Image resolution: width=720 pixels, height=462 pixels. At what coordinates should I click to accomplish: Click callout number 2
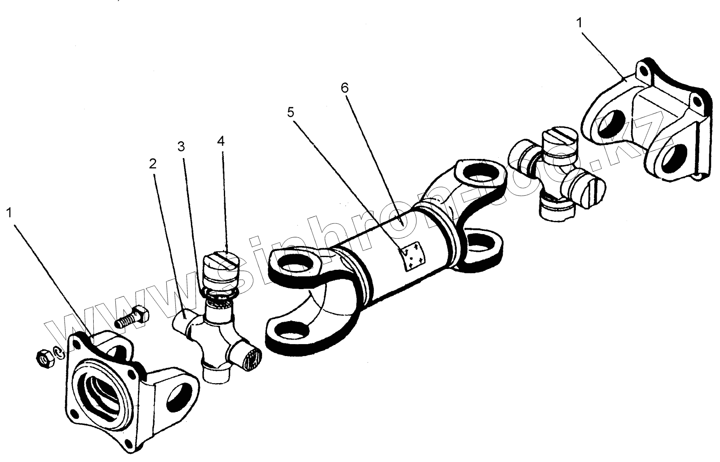[153, 164]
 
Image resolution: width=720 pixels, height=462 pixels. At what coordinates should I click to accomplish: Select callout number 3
[181, 146]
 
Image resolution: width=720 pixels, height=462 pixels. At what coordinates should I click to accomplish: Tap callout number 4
[221, 141]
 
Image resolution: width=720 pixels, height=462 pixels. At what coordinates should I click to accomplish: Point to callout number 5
[291, 113]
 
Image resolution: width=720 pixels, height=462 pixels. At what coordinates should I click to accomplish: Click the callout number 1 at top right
[580, 23]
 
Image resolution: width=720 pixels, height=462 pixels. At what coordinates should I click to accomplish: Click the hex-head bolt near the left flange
[132, 317]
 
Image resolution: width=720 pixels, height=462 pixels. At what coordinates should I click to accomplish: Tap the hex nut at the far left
[44, 359]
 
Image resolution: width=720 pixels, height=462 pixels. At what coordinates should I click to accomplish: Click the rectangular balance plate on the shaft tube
[414, 256]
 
